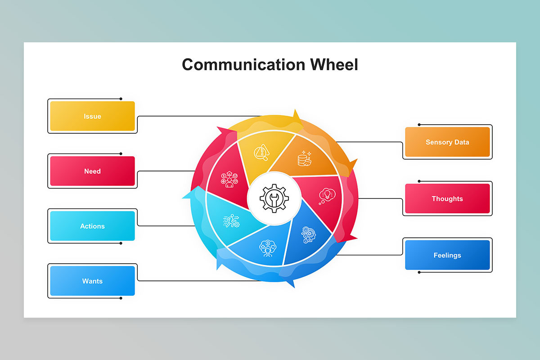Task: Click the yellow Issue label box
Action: (92, 116)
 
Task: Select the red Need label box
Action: (92, 171)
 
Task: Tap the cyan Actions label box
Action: (92, 226)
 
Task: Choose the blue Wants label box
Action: (92, 281)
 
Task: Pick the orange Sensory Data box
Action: (447, 142)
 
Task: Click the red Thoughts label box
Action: (447, 198)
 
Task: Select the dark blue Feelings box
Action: (447, 255)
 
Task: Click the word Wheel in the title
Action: (334, 65)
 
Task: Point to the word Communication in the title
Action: (244, 65)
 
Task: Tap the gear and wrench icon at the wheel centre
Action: (274, 198)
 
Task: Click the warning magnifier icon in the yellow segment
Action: (261, 153)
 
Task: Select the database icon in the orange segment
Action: (305, 158)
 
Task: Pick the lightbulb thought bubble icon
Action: (327, 196)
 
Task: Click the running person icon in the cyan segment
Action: (231, 220)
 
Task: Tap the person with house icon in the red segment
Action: (229, 180)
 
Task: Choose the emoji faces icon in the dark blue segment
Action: (308, 235)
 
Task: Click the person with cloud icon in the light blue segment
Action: (268, 248)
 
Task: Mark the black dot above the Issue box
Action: (121, 99)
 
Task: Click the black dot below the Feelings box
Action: (419, 272)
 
